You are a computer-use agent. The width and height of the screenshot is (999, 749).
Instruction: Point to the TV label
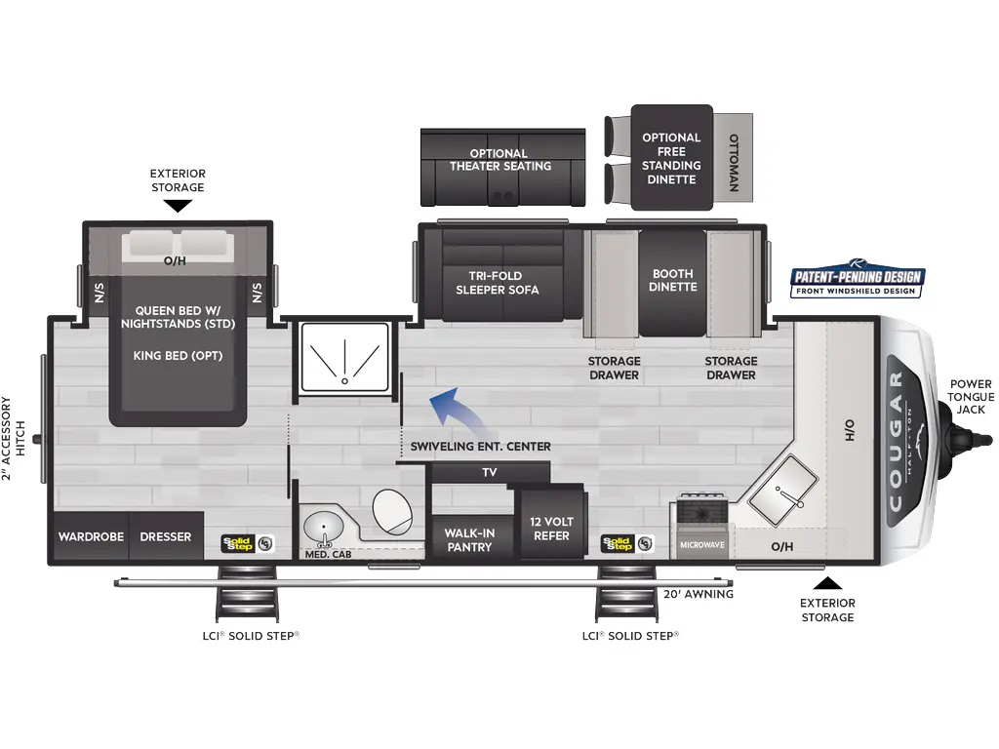coord(490,472)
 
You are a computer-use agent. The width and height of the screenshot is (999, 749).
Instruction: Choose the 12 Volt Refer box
coord(551,528)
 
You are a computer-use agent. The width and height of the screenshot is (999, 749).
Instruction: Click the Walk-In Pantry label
coord(468,539)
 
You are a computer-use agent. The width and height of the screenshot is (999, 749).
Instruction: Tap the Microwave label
coord(701,544)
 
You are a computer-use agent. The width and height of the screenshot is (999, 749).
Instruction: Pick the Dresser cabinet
coord(166,536)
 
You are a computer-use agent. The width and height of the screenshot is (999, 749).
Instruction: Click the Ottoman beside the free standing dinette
coord(734,158)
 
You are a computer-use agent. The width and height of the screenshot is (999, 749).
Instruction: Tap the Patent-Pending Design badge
coord(857,282)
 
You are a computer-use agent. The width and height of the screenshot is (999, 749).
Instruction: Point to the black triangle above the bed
coord(178,206)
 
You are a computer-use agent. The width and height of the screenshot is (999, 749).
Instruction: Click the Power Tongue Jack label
coord(971,396)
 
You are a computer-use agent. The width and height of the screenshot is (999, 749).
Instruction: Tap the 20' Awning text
coord(698,594)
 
